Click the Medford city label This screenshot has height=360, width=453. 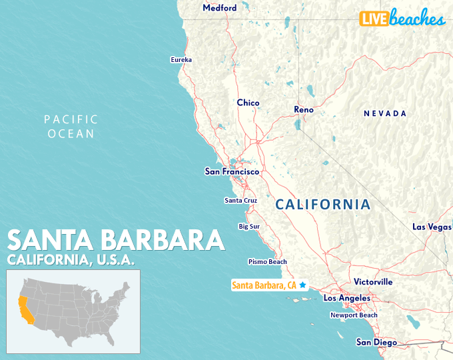pyautogui.click(x=219, y=8)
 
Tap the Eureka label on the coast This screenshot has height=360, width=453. pyautogui.click(x=181, y=60)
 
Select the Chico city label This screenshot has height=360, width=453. pyautogui.click(x=248, y=103)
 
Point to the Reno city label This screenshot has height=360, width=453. pyautogui.click(x=304, y=109)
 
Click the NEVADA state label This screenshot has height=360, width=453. pyautogui.click(x=385, y=114)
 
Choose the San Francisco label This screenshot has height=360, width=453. pyautogui.click(x=231, y=172)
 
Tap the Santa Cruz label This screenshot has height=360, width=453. pyautogui.click(x=240, y=200)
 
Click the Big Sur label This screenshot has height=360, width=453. pyautogui.click(x=249, y=227)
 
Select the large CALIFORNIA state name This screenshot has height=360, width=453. pyautogui.click(x=323, y=205)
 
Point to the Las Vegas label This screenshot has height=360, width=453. pyautogui.click(x=432, y=227)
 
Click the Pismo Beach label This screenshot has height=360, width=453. pyautogui.click(x=267, y=262)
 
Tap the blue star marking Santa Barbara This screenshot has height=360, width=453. pyautogui.click(x=302, y=285)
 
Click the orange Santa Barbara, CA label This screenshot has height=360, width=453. pyautogui.click(x=264, y=285)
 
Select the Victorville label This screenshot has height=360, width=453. pyautogui.click(x=373, y=282)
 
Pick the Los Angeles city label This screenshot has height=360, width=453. pyautogui.click(x=346, y=298)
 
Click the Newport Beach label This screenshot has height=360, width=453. pyautogui.click(x=354, y=315)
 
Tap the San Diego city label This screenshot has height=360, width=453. pyautogui.click(x=376, y=343)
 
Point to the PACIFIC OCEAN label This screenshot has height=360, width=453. pyautogui.click(x=71, y=127)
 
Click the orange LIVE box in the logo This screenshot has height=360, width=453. pyautogui.click(x=374, y=19)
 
